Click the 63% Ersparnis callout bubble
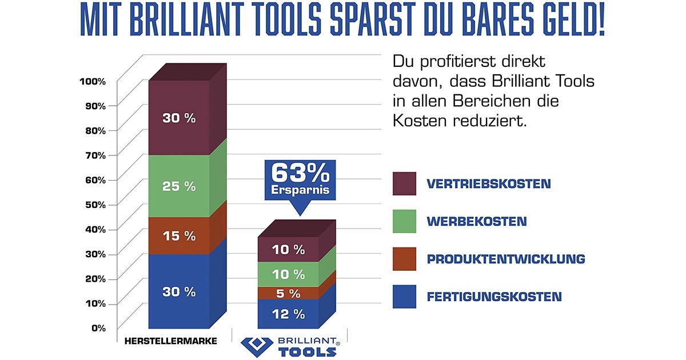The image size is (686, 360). point(300,179)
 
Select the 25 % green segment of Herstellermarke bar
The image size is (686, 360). point(179,186)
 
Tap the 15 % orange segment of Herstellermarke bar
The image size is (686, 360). point(179,235)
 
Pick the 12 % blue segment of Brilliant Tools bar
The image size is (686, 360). point(288,314)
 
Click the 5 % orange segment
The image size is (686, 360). point(288,293)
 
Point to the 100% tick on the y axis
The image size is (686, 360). point(93,81)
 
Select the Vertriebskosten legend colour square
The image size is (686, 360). point(404,184)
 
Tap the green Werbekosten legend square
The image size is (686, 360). point(404,221)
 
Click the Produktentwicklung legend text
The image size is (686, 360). point(506,259)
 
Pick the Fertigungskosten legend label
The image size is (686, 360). point(494,297)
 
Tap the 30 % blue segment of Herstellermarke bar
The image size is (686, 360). point(179,291)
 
